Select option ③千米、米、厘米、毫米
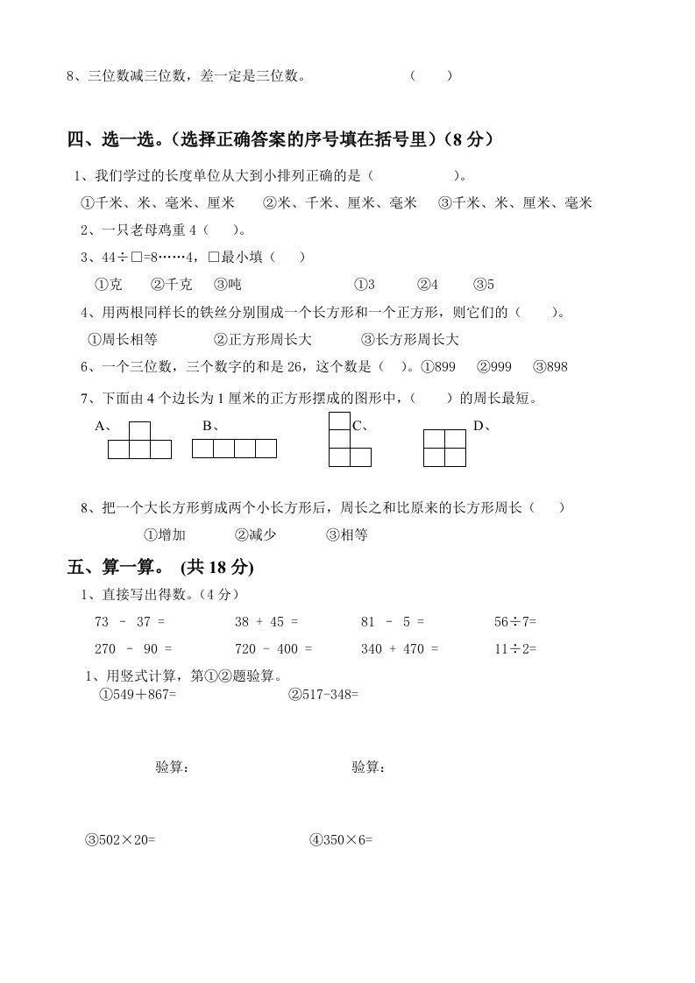(515, 203)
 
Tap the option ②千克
(171, 285)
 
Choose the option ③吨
(227, 285)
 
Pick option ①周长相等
(123, 340)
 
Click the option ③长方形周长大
(410, 340)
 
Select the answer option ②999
(495, 367)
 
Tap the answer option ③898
(550, 367)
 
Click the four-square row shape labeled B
(234, 449)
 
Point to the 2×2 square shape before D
(444, 448)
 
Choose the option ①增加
(164, 534)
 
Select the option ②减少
(255, 534)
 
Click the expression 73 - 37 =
(129, 621)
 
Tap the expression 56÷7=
(515, 621)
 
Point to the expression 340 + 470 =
(400, 649)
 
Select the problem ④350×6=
(341, 839)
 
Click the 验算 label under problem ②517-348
(369, 767)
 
